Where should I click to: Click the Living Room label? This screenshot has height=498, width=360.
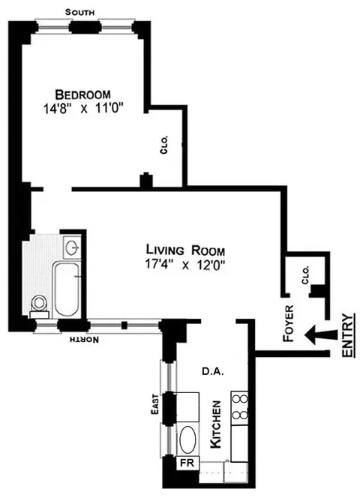(x=184, y=250)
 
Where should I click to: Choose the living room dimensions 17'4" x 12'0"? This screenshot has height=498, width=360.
(x=184, y=264)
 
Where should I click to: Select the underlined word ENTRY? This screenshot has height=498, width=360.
(x=346, y=336)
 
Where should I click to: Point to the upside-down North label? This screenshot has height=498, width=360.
(x=82, y=340)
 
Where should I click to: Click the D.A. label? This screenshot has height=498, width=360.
(x=209, y=370)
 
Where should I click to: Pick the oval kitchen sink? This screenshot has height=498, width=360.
(x=187, y=436)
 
